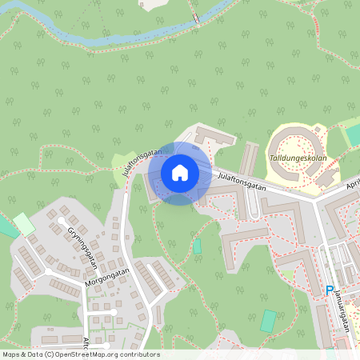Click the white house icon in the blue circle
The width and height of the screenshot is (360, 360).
pyautogui.click(x=180, y=173)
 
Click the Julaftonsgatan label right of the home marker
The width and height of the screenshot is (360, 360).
pyautogui.click(x=241, y=181)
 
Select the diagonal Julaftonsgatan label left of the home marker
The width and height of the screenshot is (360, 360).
pyautogui.click(x=138, y=161)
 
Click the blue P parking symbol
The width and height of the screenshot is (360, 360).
pyautogui.click(x=329, y=291)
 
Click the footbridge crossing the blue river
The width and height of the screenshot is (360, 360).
pyautogui.click(x=195, y=19)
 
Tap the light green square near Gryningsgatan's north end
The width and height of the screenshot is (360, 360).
pyautogui.click(x=24, y=223)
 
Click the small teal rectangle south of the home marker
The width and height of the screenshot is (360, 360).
pyautogui.click(x=197, y=246)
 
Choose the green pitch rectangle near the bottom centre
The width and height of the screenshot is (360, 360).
pyautogui.click(x=269, y=321)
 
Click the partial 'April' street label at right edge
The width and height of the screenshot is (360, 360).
pyautogui.click(x=351, y=184)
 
